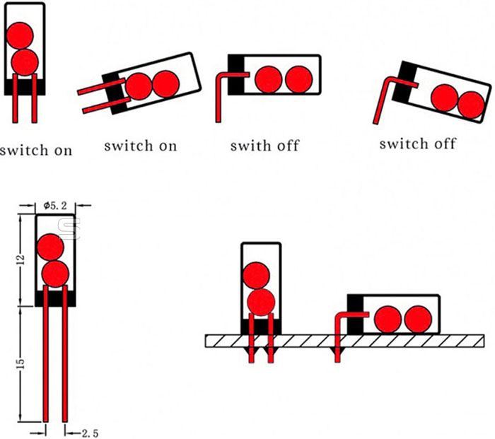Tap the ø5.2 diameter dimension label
coord(54,205)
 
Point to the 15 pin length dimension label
coord(21,363)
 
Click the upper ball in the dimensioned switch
coord(49,247)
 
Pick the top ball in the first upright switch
coord(19,34)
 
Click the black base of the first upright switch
coord(25,86)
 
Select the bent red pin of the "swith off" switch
coord(221,88)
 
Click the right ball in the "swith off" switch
coord(298,78)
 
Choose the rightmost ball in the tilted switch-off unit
coord(470,105)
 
